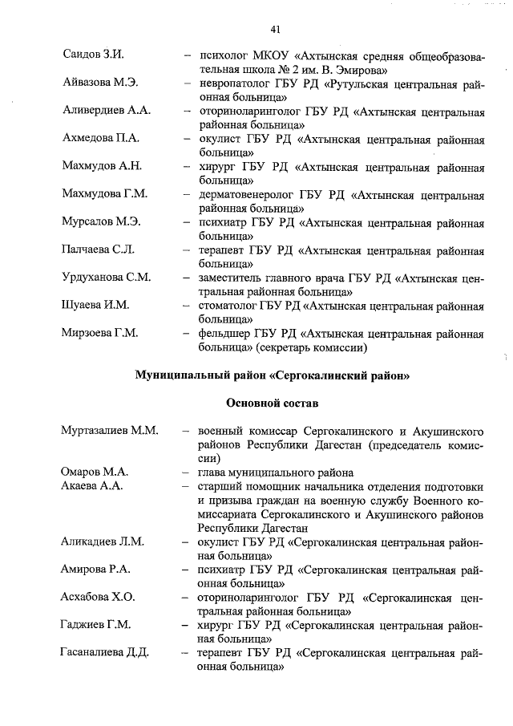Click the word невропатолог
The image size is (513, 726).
coord(237,83)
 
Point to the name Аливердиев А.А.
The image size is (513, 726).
coord(107,111)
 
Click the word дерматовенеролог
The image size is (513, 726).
coord(248,194)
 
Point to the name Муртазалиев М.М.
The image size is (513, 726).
coord(109,431)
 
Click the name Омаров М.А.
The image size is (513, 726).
coord(95,472)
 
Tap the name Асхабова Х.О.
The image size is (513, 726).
coord(99,597)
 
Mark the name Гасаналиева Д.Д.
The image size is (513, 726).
coord(105,652)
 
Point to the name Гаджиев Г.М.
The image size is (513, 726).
coord(96,624)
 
